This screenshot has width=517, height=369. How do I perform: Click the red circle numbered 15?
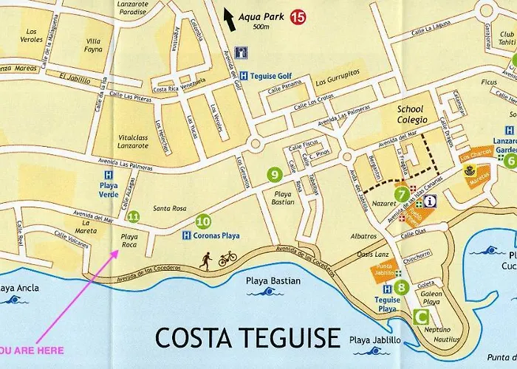coord(298,15)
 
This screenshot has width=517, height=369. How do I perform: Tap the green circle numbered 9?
coord(275,175)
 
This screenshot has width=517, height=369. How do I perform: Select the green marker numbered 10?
coord(203,220)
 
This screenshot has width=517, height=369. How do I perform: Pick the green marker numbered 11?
coord(134,216)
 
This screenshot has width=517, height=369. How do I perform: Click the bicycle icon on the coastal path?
coord(227,258)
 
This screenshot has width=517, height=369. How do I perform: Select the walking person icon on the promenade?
coord(207,258)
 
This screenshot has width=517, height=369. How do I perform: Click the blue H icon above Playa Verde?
coord(108,176)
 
